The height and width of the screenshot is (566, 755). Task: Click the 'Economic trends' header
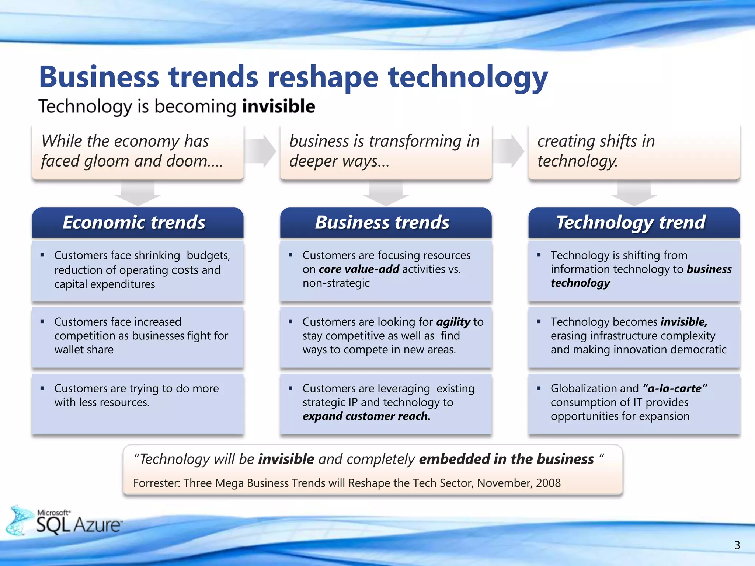pyautogui.click(x=134, y=223)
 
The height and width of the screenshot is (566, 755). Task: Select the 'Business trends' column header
pyautogui.click(x=382, y=223)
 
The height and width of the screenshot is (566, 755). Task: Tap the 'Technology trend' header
pyautogui.click(x=631, y=223)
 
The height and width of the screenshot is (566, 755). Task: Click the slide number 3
pyautogui.click(x=737, y=545)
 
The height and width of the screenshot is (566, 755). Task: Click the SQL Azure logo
pyautogui.click(x=66, y=521)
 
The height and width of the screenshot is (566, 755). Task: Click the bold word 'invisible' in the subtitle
pyautogui.click(x=279, y=106)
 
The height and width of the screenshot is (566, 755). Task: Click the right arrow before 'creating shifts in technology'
pyautogui.click(x=508, y=151)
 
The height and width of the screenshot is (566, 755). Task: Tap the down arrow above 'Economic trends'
pyautogui.click(x=138, y=193)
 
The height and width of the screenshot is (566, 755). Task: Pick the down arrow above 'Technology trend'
pyautogui.click(x=634, y=193)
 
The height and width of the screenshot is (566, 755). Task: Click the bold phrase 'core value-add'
pyautogui.click(x=359, y=269)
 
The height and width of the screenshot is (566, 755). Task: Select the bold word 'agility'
pyautogui.click(x=453, y=322)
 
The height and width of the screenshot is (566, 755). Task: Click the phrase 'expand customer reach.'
pyautogui.click(x=366, y=416)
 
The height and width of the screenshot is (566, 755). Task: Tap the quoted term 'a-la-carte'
pyautogui.click(x=675, y=388)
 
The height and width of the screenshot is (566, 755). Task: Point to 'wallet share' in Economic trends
pyautogui.click(x=84, y=350)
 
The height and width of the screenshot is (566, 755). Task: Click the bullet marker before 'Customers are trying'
pyautogui.click(x=42, y=388)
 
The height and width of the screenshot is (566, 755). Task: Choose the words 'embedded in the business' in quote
pyautogui.click(x=506, y=459)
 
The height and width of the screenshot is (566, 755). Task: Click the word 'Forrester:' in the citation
pyautogui.click(x=157, y=483)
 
